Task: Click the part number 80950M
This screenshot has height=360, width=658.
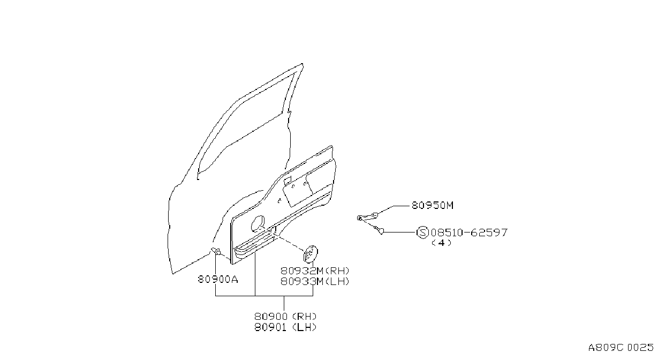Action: (433, 205)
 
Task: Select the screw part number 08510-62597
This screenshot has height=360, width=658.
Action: (469, 232)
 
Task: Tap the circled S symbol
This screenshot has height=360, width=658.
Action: (423, 232)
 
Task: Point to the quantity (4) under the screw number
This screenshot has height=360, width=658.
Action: (442, 243)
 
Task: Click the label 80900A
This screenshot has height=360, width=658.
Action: (218, 279)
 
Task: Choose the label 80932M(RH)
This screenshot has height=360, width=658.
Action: (315, 271)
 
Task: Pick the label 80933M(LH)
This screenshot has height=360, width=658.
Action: (315, 281)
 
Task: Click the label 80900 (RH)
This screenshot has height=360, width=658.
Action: (285, 316)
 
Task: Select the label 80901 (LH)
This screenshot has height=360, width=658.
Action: (285, 327)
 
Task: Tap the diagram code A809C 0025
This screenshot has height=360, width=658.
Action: (621, 347)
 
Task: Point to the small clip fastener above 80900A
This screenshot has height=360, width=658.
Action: (216, 252)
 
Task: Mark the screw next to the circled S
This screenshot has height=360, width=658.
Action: (379, 229)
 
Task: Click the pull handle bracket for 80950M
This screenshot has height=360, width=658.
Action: (367, 216)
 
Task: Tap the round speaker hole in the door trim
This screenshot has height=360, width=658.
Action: (258, 223)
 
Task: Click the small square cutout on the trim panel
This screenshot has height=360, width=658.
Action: (288, 180)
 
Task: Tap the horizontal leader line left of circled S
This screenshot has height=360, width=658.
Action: (400, 232)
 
